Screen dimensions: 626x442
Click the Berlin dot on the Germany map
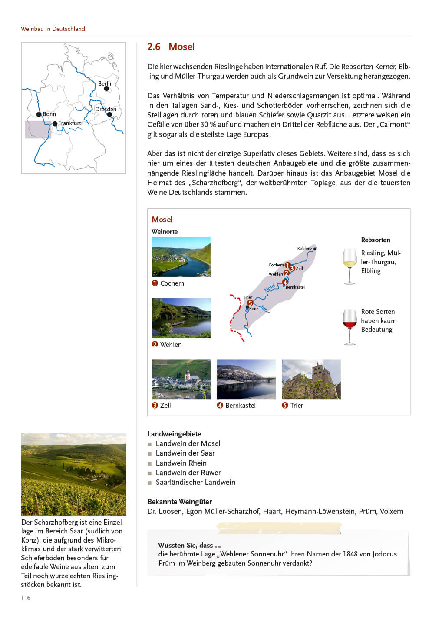tap(106, 89)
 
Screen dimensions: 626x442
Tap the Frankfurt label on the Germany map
tap(69, 123)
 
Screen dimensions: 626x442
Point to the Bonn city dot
tap(39, 114)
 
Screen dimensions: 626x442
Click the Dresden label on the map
tap(106, 109)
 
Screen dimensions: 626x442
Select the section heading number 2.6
tap(154, 47)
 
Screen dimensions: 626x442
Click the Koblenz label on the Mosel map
tap(304, 249)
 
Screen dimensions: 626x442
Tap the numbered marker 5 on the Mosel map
tap(250, 303)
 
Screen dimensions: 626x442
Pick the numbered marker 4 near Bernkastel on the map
tap(285, 282)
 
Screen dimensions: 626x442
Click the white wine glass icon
tap(350, 266)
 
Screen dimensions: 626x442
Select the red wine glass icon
tap(350, 326)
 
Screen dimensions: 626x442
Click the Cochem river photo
tap(181, 257)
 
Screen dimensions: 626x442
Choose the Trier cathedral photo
tap(311, 379)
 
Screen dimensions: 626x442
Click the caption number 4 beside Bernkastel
tap(220, 406)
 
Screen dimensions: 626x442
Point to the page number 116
tap(26, 598)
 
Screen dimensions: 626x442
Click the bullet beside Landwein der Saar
tap(150, 454)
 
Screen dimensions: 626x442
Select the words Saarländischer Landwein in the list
tap(195, 483)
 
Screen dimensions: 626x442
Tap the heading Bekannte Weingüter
tap(179, 502)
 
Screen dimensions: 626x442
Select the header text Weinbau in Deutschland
tap(53, 29)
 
